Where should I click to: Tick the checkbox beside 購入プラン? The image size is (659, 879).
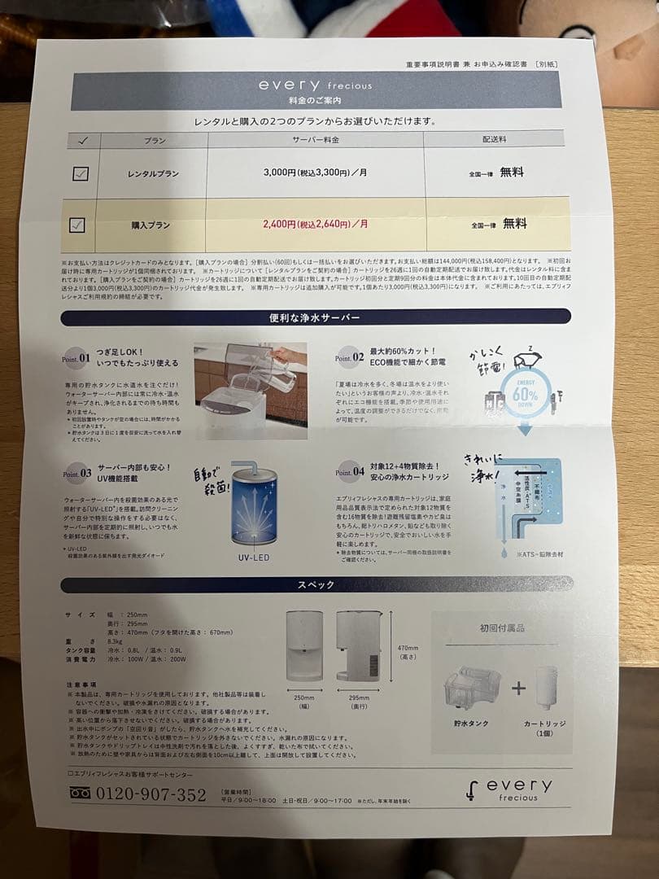pyautogui.click(x=77, y=225)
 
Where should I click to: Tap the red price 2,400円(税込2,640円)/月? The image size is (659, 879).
pyautogui.click(x=315, y=223)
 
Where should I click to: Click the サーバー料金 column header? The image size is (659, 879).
pyautogui.click(x=316, y=139)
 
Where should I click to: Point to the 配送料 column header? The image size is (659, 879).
pyautogui.click(x=494, y=139)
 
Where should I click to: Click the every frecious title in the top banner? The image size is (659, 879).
pyautogui.click(x=315, y=85)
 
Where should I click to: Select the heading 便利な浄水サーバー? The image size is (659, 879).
pyautogui.click(x=315, y=317)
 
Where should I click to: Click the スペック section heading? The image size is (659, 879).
pyautogui.click(x=316, y=584)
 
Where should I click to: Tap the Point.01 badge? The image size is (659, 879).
pyautogui.click(x=76, y=356)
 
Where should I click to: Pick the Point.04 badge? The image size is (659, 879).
pyautogui.click(x=350, y=471)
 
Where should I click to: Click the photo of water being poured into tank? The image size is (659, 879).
pyautogui.click(x=250, y=391)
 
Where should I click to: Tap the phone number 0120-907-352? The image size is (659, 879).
pyautogui.click(x=151, y=794)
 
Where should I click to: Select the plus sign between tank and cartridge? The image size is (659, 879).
pyautogui.click(x=518, y=689)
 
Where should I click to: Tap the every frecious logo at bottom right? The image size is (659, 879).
pyautogui.click(x=512, y=789)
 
